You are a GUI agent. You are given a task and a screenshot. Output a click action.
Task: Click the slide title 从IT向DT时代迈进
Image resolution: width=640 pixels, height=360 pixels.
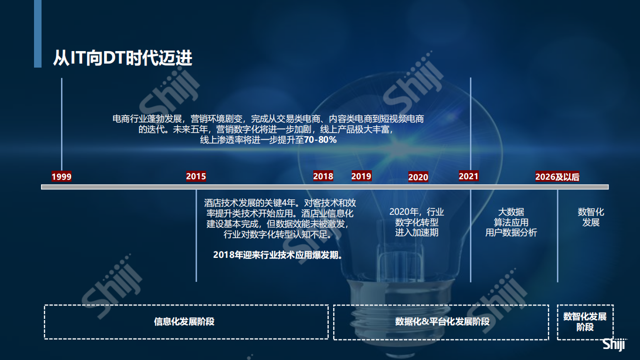coord(123,58)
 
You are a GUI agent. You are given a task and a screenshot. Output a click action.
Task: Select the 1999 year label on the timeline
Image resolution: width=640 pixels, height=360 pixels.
coord(62,177)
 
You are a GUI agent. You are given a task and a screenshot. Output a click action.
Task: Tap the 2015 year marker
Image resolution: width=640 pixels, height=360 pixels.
coord(196,176)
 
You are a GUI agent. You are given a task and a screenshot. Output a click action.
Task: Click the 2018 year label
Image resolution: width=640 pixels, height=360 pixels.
coord(323,176)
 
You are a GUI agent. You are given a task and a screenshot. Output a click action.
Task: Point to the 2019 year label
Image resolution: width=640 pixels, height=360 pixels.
coord(361,176)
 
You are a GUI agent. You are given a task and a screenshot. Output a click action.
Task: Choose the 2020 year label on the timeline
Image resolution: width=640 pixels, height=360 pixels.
coord(418,177)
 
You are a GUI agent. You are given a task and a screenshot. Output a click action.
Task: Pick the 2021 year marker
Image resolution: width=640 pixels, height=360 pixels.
coord(469,176)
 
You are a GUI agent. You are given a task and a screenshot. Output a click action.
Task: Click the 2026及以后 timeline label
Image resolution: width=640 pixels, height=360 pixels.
coord(557,177)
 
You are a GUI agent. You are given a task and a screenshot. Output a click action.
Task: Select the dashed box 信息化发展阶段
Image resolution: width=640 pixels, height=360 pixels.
coord(186,321)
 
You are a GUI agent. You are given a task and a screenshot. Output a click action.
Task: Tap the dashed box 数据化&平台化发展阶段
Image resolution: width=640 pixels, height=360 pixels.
coord(441,321)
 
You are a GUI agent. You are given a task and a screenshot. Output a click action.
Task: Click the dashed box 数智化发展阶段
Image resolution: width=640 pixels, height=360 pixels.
coord(585,321)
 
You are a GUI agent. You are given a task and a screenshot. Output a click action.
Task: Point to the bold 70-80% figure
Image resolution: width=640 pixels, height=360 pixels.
coord(320,140)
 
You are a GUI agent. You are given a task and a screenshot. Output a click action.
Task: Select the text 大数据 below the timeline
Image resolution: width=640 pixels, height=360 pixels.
coord(511,212)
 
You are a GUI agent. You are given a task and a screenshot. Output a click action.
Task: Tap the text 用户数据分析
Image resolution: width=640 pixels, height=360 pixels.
coord(511,232)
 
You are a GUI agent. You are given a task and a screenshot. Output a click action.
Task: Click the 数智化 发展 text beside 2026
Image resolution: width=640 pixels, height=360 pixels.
coord(591,217)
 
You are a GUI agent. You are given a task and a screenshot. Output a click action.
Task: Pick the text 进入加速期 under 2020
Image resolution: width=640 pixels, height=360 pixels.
coord(417,232)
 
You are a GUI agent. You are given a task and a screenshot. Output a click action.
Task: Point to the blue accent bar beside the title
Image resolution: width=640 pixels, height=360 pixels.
coord(38,34)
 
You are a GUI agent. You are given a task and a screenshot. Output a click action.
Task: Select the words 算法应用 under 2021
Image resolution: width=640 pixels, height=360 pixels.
coord(511,222)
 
